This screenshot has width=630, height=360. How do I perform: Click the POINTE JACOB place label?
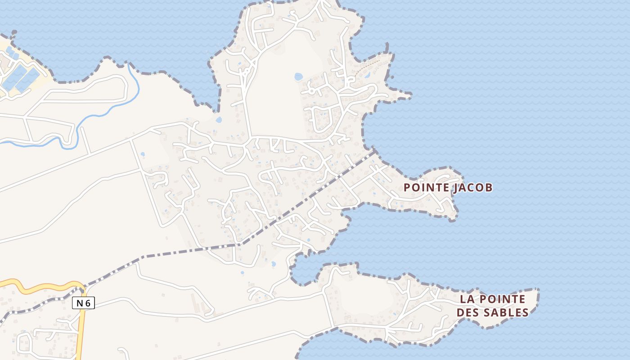click(448, 187)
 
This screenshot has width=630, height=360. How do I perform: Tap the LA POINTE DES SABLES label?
click(492, 306)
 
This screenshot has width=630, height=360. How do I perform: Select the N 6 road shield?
click(83, 303)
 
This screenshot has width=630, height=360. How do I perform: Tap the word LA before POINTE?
click(466, 299)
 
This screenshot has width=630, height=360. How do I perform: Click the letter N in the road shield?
click(80, 303)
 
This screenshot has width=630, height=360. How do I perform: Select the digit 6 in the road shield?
click(88, 303)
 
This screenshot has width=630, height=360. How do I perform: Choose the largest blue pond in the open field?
click(298, 77)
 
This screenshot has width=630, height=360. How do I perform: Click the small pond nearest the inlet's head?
click(273, 264)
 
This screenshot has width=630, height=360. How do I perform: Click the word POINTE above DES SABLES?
click(500, 299)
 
